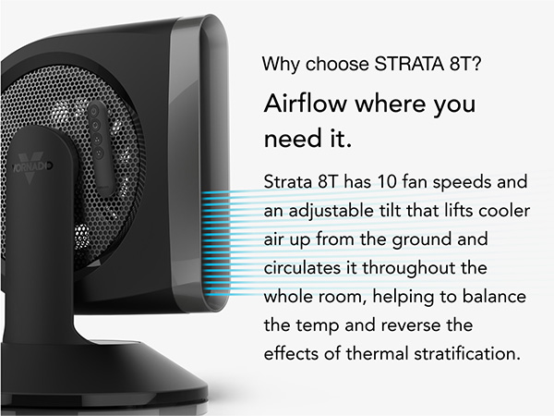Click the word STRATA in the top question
click(x=408, y=64)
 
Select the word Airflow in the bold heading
click(x=306, y=104)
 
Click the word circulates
click(x=303, y=267)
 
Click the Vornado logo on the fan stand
click(x=31, y=167)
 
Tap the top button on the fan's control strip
click(x=94, y=112)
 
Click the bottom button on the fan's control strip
click(x=99, y=153)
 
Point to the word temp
click(x=318, y=325)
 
